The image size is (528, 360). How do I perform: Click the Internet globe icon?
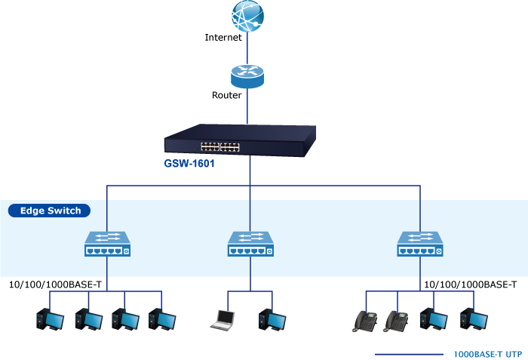click(249, 16)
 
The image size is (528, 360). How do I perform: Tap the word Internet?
click(223, 37)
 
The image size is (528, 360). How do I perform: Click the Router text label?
click(227, 96)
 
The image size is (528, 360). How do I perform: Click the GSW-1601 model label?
click(189, 163)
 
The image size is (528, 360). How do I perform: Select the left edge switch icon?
click(106, 243)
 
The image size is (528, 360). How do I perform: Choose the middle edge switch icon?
click(250, 243)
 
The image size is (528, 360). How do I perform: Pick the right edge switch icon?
click(419, 243)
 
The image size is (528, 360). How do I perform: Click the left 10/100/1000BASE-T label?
click(55, 285)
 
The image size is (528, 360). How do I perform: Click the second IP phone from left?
click(395, 320)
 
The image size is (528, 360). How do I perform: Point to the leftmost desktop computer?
click(49, 320)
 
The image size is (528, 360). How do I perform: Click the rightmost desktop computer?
click(472, 320)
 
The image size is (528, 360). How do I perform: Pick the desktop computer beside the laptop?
click(272, 320)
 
